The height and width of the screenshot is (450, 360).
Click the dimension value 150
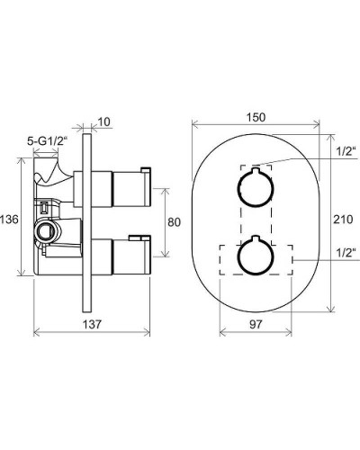pyautogui.click(x=256, y=117)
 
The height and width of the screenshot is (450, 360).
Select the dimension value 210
pyautogui.click(x=344, y=220)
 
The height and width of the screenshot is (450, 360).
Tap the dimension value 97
pyautogui.click(x=256, y=324)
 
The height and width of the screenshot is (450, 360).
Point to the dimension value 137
pyautogui.click(x=92, y=324)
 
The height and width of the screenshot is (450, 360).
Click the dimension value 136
pyautogui.click(x=9, y=220)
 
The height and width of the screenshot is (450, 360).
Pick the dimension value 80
pyautogui.click(x=174, y=222)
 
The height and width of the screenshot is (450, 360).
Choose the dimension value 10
pyautogui.click(x=103, y=121)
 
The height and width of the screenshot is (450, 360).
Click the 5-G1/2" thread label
pyautogui.click(x=48, y=141)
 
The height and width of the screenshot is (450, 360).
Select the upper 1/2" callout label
pyautogui.click(x=346, y=151)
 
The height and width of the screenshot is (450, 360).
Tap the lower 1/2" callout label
pyautogui.click(x=346, y=253)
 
